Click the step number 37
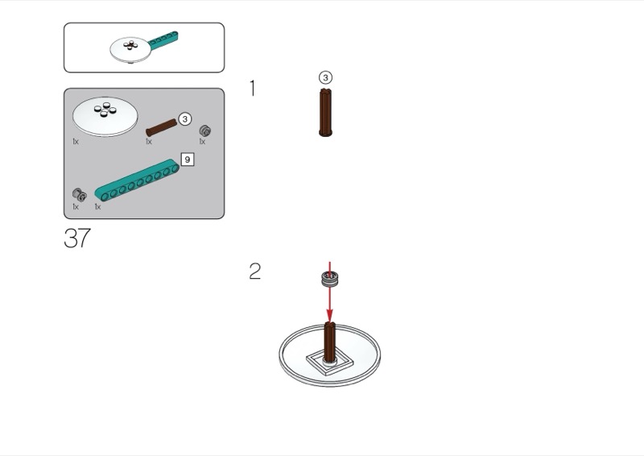[x=77, y=238]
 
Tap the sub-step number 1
[x=253, y=89]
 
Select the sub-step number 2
[x=254, y=272]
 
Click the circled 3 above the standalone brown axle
[x=325, y=77]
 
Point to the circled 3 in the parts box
[x=185, y=118]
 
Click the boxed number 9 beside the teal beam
[x=188, y=160]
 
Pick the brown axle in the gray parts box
[x=162, y=128]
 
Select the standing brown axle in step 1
[x=325, y=112]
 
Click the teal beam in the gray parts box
[x=137, y=180]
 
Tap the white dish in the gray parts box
[x=105, y=117]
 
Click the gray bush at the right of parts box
[x=205, y=131]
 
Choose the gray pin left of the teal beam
[x=79, y=194]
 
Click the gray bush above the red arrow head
[x=329, y=279]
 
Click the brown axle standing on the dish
[x=329, y=342]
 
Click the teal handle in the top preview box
[x=163, y=38]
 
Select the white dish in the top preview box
[x=130, y=50]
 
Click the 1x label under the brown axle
[x=149, y=142]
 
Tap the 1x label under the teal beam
[x=97, y=207]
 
